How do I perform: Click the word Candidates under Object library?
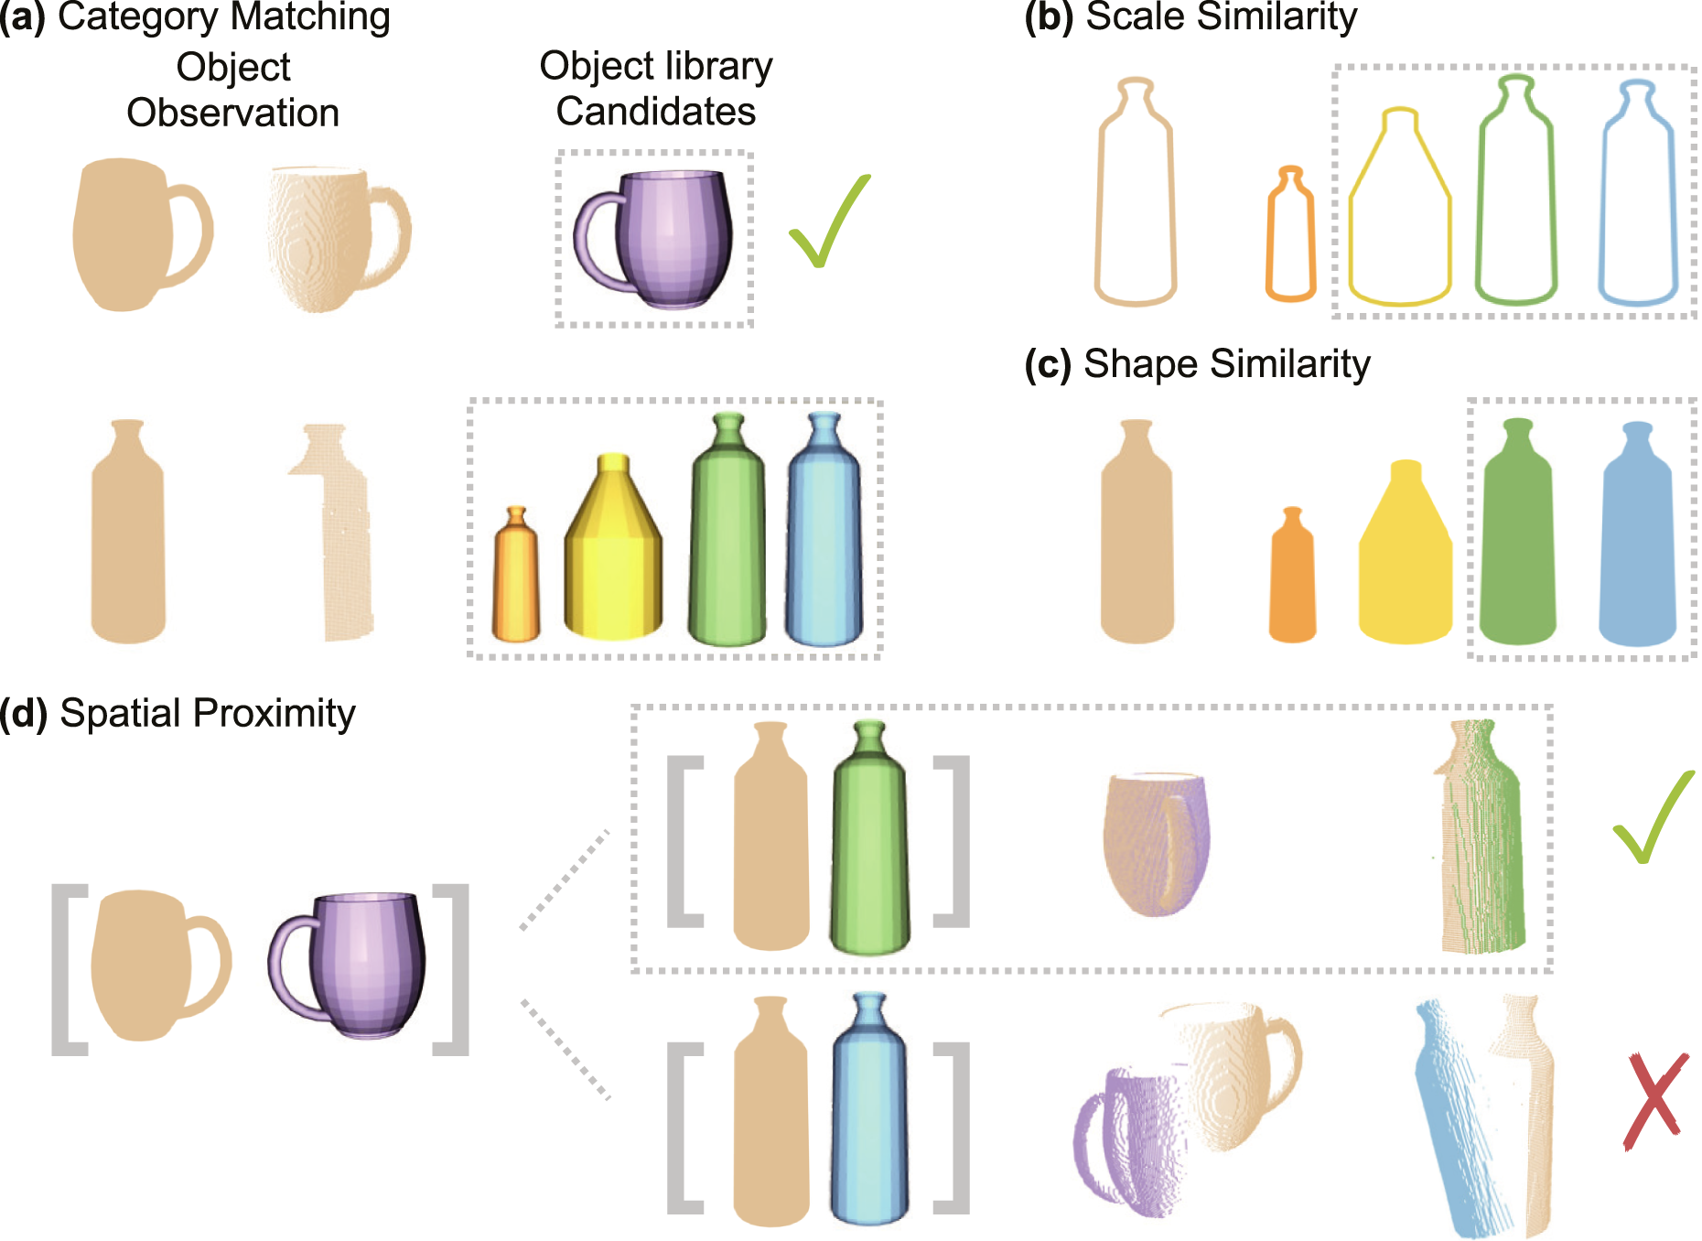pyautogui.click(x=655, y=112)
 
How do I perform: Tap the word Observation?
pyautogui.click(x=232, y=113)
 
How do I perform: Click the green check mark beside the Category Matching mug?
pyautogui.click(x=829, y=221)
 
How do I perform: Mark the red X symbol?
pyautogui.click(x=1654, y=1101)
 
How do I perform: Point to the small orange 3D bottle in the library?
pyautogui.click(x=516, y=574)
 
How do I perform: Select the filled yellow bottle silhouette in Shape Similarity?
pyautogui.click(x=1405, y=552)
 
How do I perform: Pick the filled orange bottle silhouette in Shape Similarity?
pyautogui.click(x=1292, y=575)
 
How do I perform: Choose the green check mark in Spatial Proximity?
pyautogui.click(x=1653, y=817)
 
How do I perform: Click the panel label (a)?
pyautogui.click(x=22, y=16)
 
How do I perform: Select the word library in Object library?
pyautogui.click(x=719, y=66)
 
